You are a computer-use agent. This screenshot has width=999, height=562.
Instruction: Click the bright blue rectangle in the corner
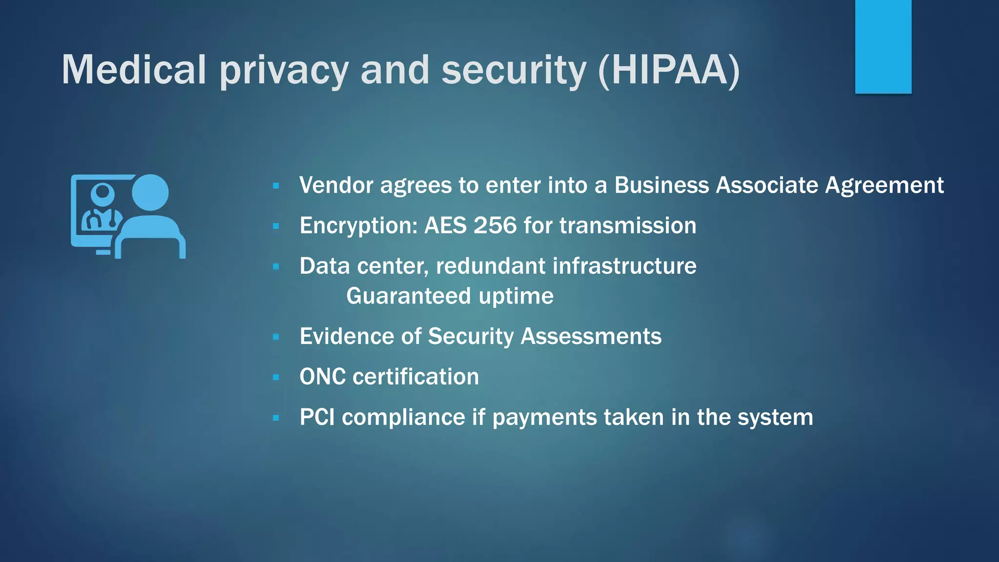pyautogui.click(x=883, y=46)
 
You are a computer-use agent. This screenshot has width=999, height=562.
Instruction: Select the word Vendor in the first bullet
pyautogui.click(x=336, y=185)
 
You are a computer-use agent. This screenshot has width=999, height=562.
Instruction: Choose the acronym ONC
pyautogui.click(x=322, y=377)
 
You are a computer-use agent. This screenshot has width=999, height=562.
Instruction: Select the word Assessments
pyautogui.click(x=591, y=336)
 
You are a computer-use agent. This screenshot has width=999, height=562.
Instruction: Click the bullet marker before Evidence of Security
pyautogui.click(x=276, y=337)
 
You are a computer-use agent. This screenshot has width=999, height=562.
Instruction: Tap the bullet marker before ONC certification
pyautogui.click(x=276, y=377)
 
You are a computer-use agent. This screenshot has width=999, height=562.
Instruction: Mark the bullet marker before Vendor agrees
pyautogui.click(x=276, y=186)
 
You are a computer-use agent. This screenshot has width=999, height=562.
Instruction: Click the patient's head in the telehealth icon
pyautogui.click(x=150, y=192)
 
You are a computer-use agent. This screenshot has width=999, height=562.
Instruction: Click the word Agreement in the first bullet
pyautogui.click(x=884, y=185)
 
